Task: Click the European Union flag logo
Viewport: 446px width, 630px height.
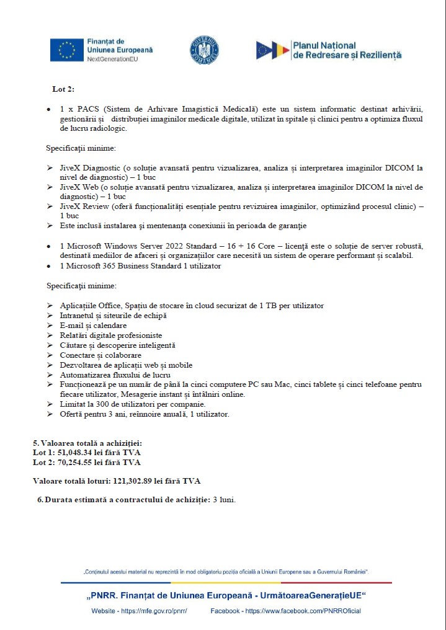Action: click(x=66, y=50)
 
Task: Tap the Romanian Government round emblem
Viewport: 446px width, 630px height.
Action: click(x=204, y=50)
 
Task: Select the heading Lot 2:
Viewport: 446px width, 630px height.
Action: click(x=63, y=89)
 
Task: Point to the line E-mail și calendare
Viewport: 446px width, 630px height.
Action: click(x=93, y=325)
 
